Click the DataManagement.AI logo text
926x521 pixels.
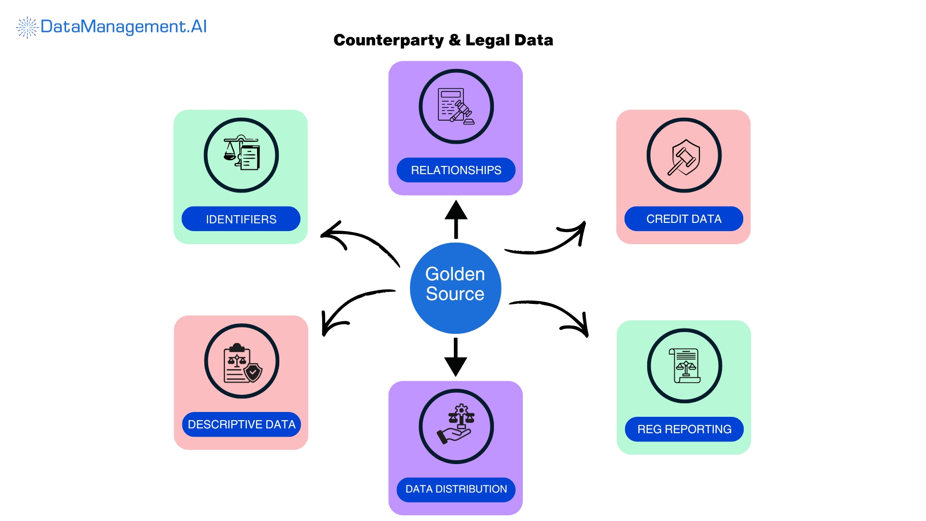pyautogui.click(x=123, y=27)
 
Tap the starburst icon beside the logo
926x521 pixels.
pyautogui.click(x=27, y=27)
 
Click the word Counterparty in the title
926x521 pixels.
pyautogui.click(x=388, y=40)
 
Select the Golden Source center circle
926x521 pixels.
pyautogui.click(x=455, y=288)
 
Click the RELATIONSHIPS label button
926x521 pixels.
pyautogui.click(x=456, y=170)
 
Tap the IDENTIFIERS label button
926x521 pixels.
pyautogui.click(x=241, y=219)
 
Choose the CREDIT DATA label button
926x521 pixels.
pyautogui.click(x=683, y=219)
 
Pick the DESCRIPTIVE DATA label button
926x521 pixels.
pyautogui.click(x=241, y=425)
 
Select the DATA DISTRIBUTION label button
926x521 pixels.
pyautogui.click(x=456, y=489)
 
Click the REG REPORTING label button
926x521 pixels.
pyautogui.click(x=684, y=429)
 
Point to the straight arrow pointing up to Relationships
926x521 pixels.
pyautogui.click(x=456, y=219)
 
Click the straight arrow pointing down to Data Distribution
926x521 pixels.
pyautogui.click(x=455, y=357)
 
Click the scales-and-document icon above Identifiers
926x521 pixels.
pyautogui.click(x=241, y=154)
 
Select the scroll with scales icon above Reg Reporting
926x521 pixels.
pyautogui.click(x=684, y=366)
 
